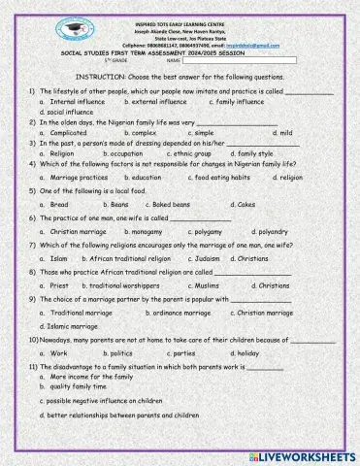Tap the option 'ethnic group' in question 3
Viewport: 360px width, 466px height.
click(192, 153)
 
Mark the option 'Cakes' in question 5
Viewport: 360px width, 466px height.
click(246, 206)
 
